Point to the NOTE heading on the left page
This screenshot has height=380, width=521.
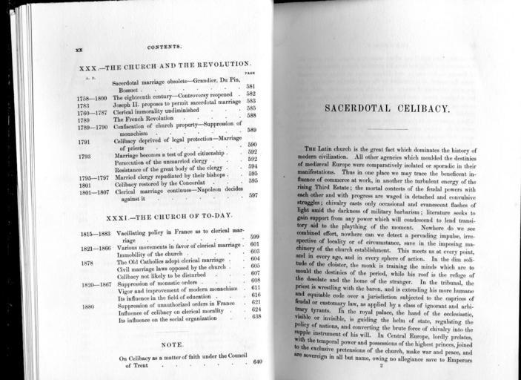pyautogui.click(x=172, y=345)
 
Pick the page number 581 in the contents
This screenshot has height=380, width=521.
pyautogui.click(x=250, y=87)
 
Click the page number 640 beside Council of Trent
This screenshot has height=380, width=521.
pyautogui.click(x=257, y=361)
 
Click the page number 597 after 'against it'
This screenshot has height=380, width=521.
pyautogui.click(x=253, y=195)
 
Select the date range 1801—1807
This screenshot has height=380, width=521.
pyautogui.click(x=93, y=191)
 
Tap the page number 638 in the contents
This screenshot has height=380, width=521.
pyautogui.click(x=256, y=317)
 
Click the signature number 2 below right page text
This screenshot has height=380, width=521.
pyautogui.click(x=380, y=365)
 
